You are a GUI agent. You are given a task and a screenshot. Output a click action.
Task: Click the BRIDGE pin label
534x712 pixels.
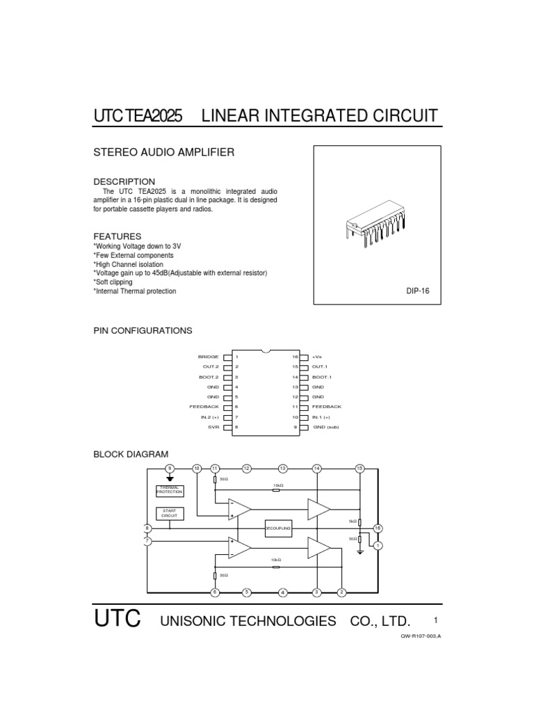[209, 357]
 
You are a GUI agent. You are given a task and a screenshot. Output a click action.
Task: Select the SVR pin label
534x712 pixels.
[214, 427]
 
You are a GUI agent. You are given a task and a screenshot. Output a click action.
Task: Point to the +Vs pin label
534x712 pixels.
[317, 357]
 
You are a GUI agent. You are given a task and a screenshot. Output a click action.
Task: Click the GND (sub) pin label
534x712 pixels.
[325, 427]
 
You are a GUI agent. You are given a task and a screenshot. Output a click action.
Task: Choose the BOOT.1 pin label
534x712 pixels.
[321, 377]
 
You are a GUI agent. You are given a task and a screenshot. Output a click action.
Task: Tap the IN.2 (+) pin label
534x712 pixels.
[209, 417]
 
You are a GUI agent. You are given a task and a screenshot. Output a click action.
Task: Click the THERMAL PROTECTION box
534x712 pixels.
[170, 490]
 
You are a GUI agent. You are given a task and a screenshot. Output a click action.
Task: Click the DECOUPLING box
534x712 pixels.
[279, 529]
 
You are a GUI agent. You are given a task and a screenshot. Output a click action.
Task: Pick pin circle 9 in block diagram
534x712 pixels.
[170, 469]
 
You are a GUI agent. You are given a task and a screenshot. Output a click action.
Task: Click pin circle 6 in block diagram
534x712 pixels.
[214, 592]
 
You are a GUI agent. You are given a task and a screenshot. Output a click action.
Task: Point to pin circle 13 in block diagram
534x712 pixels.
[282, 469]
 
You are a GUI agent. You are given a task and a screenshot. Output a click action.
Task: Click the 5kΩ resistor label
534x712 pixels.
[353, 521]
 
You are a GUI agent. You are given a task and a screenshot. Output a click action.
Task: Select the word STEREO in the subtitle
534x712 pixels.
[113, 152]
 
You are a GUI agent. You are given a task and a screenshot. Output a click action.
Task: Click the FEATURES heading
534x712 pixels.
[118, 236]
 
